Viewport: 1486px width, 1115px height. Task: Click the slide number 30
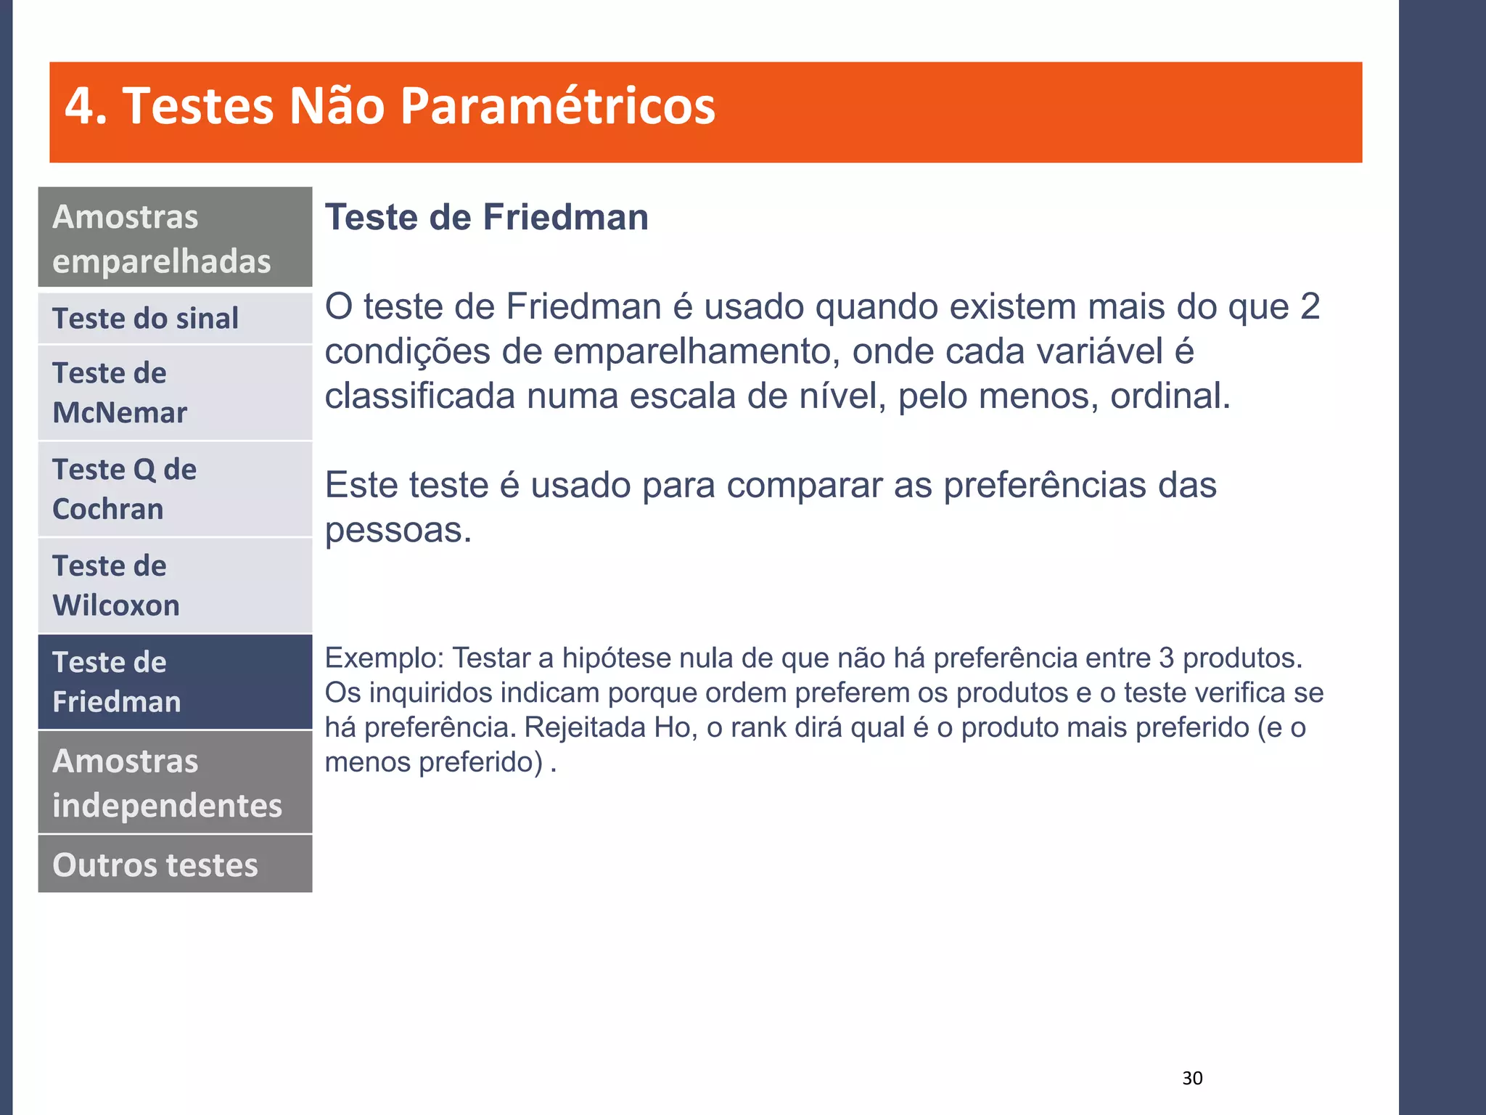[x=1192, y=1078]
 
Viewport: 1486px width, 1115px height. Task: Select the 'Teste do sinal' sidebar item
[x=175, y=319]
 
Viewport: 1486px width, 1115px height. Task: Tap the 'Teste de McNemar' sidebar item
[x=175, y=393]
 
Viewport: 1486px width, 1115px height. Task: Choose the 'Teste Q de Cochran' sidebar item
[x=175, y=489]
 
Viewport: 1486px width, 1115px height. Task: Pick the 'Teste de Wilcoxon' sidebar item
[x=175, y=585]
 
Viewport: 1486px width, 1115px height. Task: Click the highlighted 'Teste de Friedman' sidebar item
[x=175, y=682]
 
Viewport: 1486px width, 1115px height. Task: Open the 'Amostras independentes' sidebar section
[x=175, y=783]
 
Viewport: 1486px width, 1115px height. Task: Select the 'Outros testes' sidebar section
[x=175, y=865]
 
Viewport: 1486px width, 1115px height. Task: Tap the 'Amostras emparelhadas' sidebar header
[x=175, y=238]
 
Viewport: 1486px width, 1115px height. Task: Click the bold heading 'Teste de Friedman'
[x=486, y=218]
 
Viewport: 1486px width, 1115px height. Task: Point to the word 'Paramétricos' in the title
[x=557, y=107]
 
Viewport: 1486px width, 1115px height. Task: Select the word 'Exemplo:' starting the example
[x=384, y=658]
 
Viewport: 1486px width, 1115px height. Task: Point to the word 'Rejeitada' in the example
[x=585, y=727]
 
